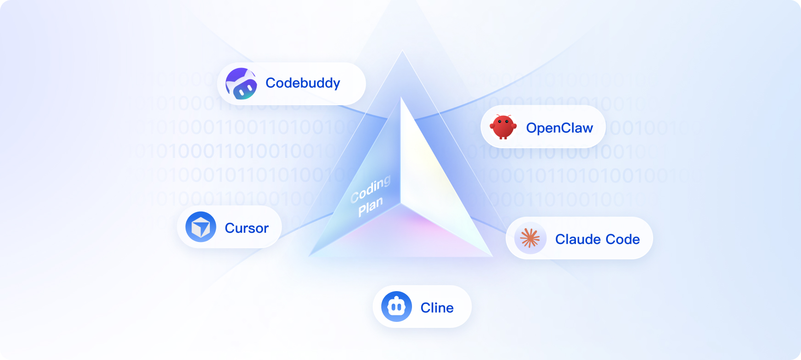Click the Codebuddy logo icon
[x=241, y=84]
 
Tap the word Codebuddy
[x=303, y=83]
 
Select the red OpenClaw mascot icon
[x=503, y=127]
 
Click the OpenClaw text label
[x=559, y=128]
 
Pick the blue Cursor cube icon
[x=201, y=227]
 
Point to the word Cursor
[x=247, y=228]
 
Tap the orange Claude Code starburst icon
[x=530, y=238]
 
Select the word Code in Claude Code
[x=622, y=239]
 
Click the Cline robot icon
[x=396, y=306]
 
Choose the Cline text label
[x=437, y=308]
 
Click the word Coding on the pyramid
[x=370, y=189]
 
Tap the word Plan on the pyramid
[x=370, y=207]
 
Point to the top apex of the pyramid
[x=401, y=97]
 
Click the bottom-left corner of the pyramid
[x=310, y=255]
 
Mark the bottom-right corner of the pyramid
[x=492, y=256]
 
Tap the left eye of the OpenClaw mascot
[x=500, y=122]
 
